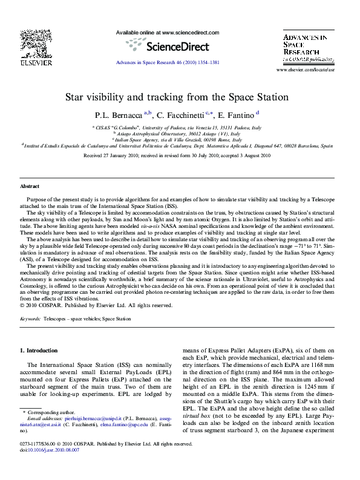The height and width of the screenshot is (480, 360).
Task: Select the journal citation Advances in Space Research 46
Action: (167, 62)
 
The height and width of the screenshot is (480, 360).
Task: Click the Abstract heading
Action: (30, 186)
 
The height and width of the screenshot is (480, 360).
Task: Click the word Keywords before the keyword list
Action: (31, 318)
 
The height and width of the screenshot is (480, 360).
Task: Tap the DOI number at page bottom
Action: (57, 467)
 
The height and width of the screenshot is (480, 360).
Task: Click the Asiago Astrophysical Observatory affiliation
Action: (180, 134)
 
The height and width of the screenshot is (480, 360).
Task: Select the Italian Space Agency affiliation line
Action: (180, 140)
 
